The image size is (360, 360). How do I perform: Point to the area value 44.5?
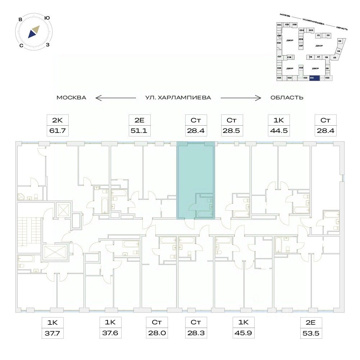pyautogui.click(x=278, y=131)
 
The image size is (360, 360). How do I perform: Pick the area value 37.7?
pyautogui.click(x=53, y=334)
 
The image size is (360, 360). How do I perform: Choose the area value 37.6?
pyautogui.click(x=109, y=334)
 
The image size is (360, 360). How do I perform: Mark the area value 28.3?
pyautogui.click(x=195, y=334)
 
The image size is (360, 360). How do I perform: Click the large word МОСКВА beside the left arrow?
pyautogui.click(x=71, y=98)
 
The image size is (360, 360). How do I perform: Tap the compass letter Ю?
pyautogui.click(x=47, y=18)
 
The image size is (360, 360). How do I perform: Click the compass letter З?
pyautogui.click(x=48, y=45)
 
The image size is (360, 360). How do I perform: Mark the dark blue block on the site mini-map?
pyautogui.click(x=314, y=78)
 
